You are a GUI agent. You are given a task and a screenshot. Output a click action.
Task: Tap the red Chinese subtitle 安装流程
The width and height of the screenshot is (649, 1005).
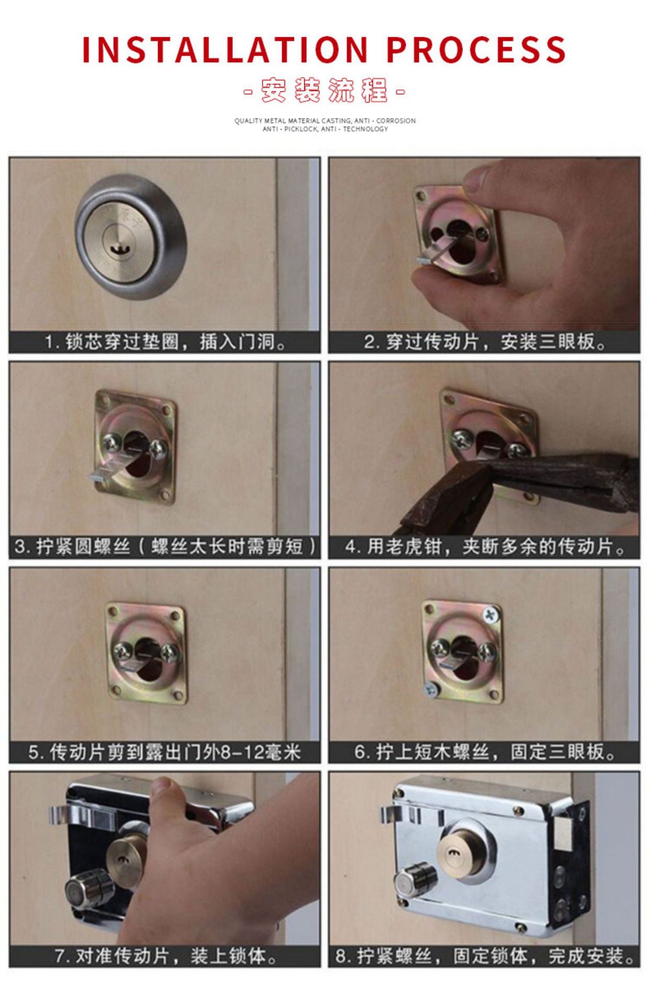pyautogui.click(x=324, y=90)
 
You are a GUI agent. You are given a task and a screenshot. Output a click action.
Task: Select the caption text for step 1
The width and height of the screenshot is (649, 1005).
pyautogui.click(x=165, y=342)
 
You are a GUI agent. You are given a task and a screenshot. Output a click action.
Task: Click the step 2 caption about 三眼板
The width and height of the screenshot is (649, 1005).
pyautogui.click(x=485, y=342)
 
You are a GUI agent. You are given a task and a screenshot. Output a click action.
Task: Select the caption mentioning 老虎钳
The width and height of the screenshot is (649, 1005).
pyautogui.click(x=485, y=547)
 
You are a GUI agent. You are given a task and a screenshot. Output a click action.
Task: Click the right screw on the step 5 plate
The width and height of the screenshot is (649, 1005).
pyautogui.click(x=170, y=652)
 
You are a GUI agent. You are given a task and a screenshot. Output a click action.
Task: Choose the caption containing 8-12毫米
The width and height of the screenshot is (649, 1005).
pyautogui.click(x=165, y=753)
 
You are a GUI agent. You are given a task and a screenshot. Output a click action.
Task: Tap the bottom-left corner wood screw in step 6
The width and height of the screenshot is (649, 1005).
pyautogui.click(x=430, y=690)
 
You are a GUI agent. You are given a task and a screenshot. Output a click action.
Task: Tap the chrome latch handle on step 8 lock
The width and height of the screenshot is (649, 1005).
pyautogui.click(x=400, y=814)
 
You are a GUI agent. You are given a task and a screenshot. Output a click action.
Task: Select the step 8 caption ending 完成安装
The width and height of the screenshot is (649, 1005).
pyautogui.click(x=485, y=957)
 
